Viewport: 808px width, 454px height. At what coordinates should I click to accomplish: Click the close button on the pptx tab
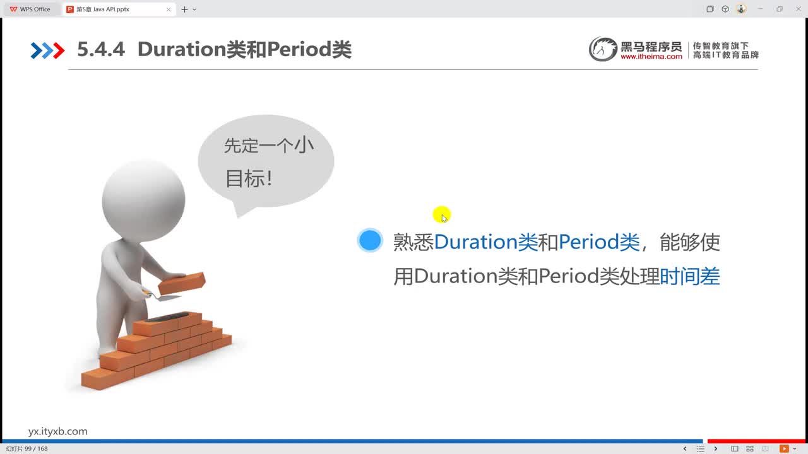click(x=169, y=9)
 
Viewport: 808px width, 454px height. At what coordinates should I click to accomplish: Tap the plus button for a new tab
click(x=184, y=9)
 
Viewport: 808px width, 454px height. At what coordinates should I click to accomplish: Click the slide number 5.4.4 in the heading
click(x=101, y=50)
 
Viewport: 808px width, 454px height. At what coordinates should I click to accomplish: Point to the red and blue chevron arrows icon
click(x=47, y=50)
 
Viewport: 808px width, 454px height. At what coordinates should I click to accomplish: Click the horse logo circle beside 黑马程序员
click(x=602, y=49)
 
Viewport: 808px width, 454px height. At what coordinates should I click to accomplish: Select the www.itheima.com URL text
click(x=651, y=57)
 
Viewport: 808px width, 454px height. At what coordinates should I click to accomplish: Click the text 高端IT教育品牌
click(x=725, y=55)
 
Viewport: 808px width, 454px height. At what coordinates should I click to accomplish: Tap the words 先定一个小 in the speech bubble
click(x=269, y=146)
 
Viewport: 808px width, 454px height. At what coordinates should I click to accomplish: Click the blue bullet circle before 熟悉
click(x=369, y=240)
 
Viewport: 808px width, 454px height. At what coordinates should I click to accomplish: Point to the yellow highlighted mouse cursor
click(x=441, y=215)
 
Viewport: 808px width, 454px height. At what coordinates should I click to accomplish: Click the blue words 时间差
click(x=689, y=276)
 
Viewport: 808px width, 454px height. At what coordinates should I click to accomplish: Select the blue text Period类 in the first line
click(x=599, y=242)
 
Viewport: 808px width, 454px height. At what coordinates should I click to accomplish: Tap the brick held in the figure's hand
click(x=181, y=283)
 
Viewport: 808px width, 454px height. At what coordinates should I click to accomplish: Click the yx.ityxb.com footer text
click(x=58, y=431)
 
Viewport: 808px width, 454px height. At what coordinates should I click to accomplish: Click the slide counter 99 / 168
click(x=27, y=449)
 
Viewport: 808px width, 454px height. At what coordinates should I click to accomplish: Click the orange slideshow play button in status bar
click(x=785, y=449)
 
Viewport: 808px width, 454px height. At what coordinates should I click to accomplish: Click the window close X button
click(x=797, y=9)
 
